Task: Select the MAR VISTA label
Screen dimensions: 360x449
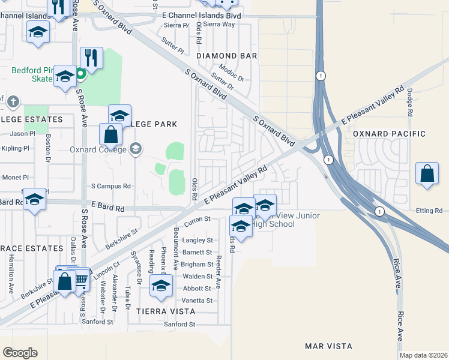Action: point(328,346)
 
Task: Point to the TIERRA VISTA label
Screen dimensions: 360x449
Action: point(166,311)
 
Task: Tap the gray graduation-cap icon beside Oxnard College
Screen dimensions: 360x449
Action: point(136,148)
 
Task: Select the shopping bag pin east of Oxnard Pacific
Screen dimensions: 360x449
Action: point(426,175)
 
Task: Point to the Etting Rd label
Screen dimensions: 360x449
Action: point(429,211)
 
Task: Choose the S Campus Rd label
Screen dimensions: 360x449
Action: point(110,187)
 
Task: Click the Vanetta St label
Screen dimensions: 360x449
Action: point(197,301)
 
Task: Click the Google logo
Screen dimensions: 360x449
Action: point(20,353)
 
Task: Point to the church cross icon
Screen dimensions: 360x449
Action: point(13,102)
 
